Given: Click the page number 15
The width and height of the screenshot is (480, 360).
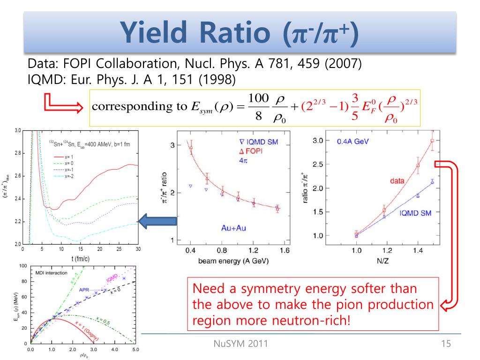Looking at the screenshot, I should point(446,345).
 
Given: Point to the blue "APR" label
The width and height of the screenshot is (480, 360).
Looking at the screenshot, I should point(84,290).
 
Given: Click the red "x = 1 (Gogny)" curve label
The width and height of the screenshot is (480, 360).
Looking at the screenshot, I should point(75,328).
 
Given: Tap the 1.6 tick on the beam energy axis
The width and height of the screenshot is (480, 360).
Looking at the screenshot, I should point(285,251).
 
